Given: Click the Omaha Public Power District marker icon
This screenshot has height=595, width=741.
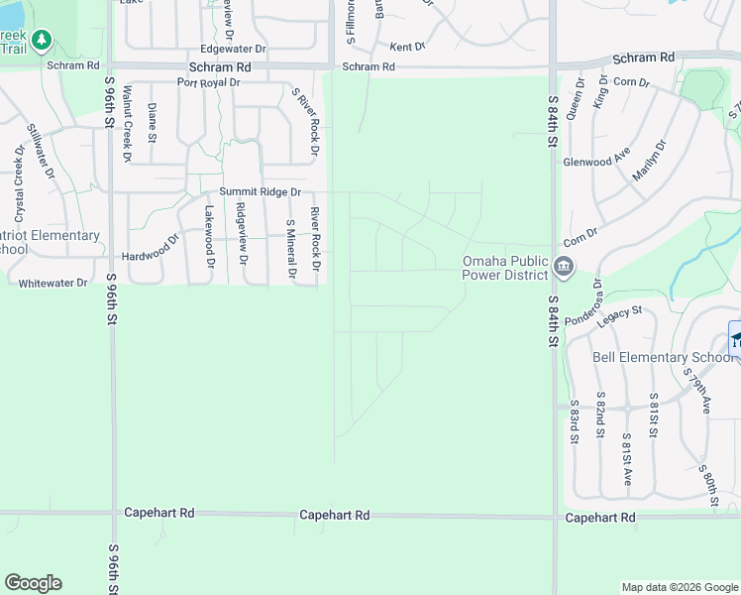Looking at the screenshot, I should (564, 266).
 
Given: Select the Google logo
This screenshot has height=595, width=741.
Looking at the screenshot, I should (33, 583).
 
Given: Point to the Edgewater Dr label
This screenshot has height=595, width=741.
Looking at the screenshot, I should (234, 48).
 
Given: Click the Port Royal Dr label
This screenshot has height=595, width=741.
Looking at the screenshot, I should (209, 82).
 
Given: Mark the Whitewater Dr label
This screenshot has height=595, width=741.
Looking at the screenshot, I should (53, 283).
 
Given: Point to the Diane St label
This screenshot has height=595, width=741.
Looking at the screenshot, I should (153, 122).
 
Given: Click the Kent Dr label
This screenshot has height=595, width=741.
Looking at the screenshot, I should (406, 47).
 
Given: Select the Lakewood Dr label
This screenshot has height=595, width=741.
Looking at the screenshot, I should (209, 235).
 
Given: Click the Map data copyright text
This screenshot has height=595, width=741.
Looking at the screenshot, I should (679, 587).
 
